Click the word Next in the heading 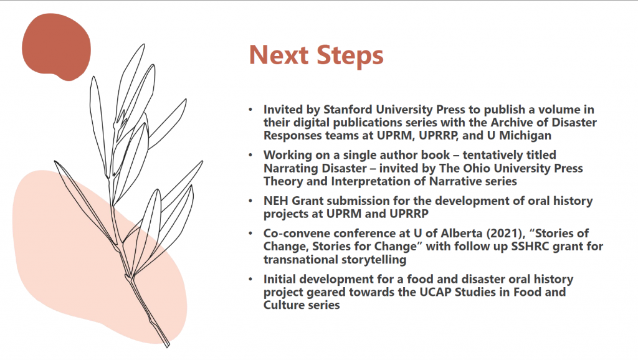[279, 55]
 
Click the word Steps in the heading [350, 55]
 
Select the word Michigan [525, 135]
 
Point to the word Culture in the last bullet [284, 305]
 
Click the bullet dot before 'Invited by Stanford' [250, 110]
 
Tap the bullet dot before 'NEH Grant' [250, 201]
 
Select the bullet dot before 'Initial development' [250, 280]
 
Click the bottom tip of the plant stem [167, 346]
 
